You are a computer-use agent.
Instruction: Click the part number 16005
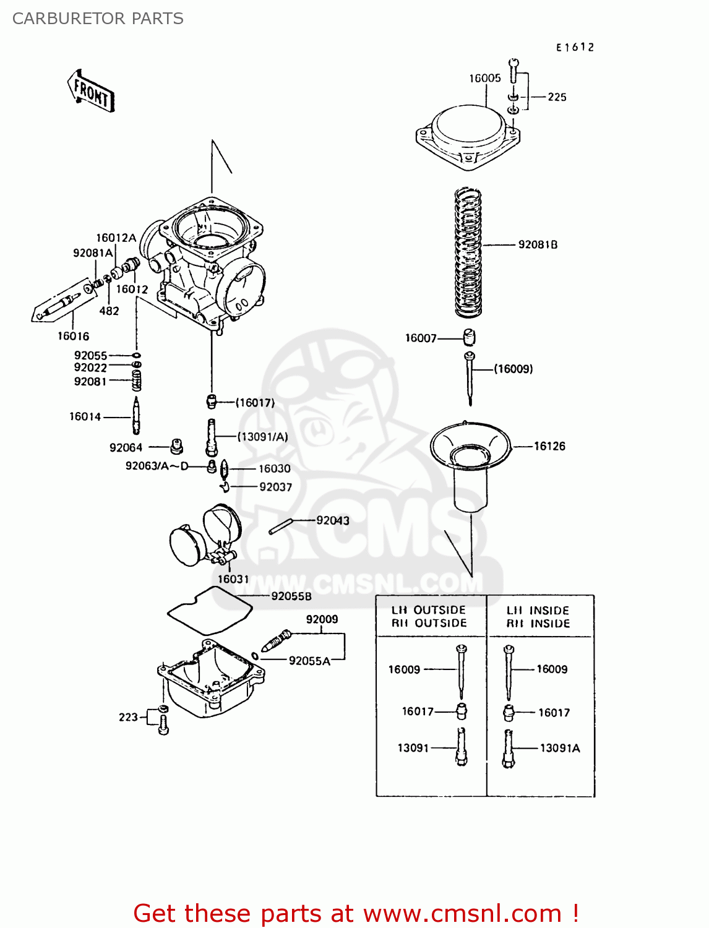pyautogui.click(x=484, y=78)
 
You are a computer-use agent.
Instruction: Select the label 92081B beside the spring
pyautogui.click(x=538, y=244)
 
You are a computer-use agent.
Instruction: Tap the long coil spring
pyautogui.click(x=468, y=252)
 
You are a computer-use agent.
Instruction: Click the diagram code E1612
pyautogui.click(x=575, y=47)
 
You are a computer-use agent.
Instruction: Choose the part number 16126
pyautogui.click(x=549, y=446)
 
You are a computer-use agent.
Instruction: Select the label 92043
pyautogui.click(x=333, y=520)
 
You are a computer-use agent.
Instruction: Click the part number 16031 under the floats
pyautogui.click(x=233, y=579)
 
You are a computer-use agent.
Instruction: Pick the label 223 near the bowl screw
pyautogui.click(x=128, y=717)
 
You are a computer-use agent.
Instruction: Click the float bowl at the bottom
pyautogui.click(x=210, y=681)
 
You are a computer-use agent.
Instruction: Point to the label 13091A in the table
pyautogui.click(x=560, y=748)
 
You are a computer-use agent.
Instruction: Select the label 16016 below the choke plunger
pyautogui.click(x=73, y=336)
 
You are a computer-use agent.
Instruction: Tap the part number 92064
pyautogui.click(x=126, y=447)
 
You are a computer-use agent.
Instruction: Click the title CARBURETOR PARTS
pyautogui.click(x=98, y=19)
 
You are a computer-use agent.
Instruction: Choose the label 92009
pyautogui.click(x=322, y=619)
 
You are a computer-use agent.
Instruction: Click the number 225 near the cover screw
pyautogui.click(x=557, y=97)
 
